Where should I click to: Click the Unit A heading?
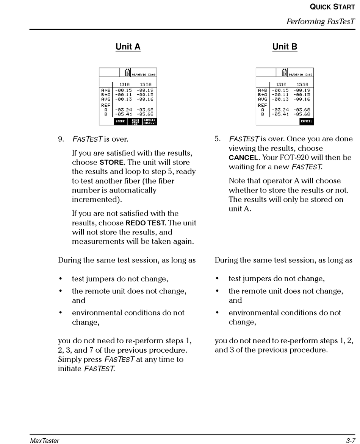(x=128, y=47)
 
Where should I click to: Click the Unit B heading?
(x=285, y=47)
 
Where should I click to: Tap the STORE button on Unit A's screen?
(x=120, y=122)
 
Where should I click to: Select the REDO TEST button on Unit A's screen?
(x=135, y=122)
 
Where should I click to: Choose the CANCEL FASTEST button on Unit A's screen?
(x=150, y=122)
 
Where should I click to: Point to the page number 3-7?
(x=350, y=440)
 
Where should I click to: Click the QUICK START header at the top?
(x=332, y=7)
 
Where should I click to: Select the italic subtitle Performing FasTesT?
(x=320, y=21)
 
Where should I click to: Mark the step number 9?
(x=61, y=139)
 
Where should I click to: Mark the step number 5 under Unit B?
(x=218, y=139)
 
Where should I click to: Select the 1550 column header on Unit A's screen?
(x=145, y=84)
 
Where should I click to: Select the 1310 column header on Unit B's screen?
(x=281, y=84)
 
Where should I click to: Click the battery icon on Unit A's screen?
(x=127, y=72)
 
